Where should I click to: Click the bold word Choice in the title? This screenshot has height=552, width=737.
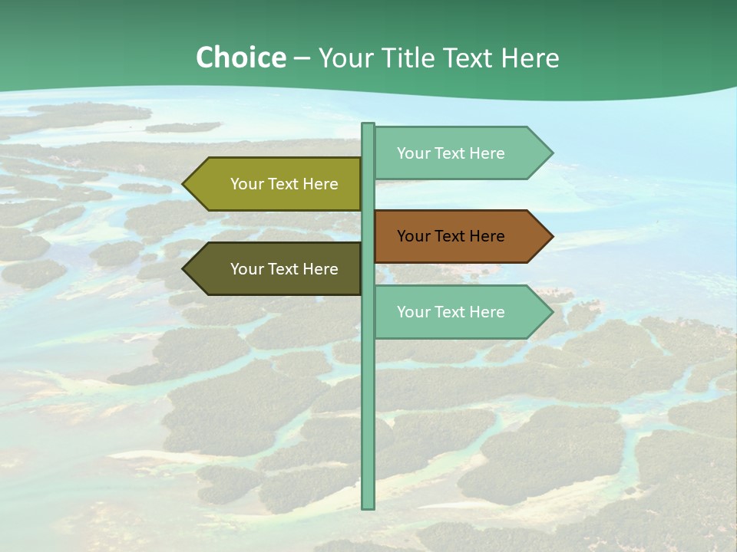(240, 58)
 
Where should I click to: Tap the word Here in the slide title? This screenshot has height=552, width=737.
(530, 58)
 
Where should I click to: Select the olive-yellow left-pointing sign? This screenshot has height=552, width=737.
(276, 184)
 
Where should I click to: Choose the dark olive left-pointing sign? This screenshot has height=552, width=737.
(276, 269)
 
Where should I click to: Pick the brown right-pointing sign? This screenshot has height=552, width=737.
(458, 236)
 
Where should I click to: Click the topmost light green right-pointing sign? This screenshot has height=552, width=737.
(458, 153)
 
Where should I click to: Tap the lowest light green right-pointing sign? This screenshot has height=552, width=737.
(458, 312)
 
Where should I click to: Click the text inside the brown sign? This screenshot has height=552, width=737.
(451, 236)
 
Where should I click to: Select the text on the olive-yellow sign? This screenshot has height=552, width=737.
(284, 184)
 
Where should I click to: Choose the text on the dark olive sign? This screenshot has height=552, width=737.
(284, 269)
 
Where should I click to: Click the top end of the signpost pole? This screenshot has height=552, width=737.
(368, 126)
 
